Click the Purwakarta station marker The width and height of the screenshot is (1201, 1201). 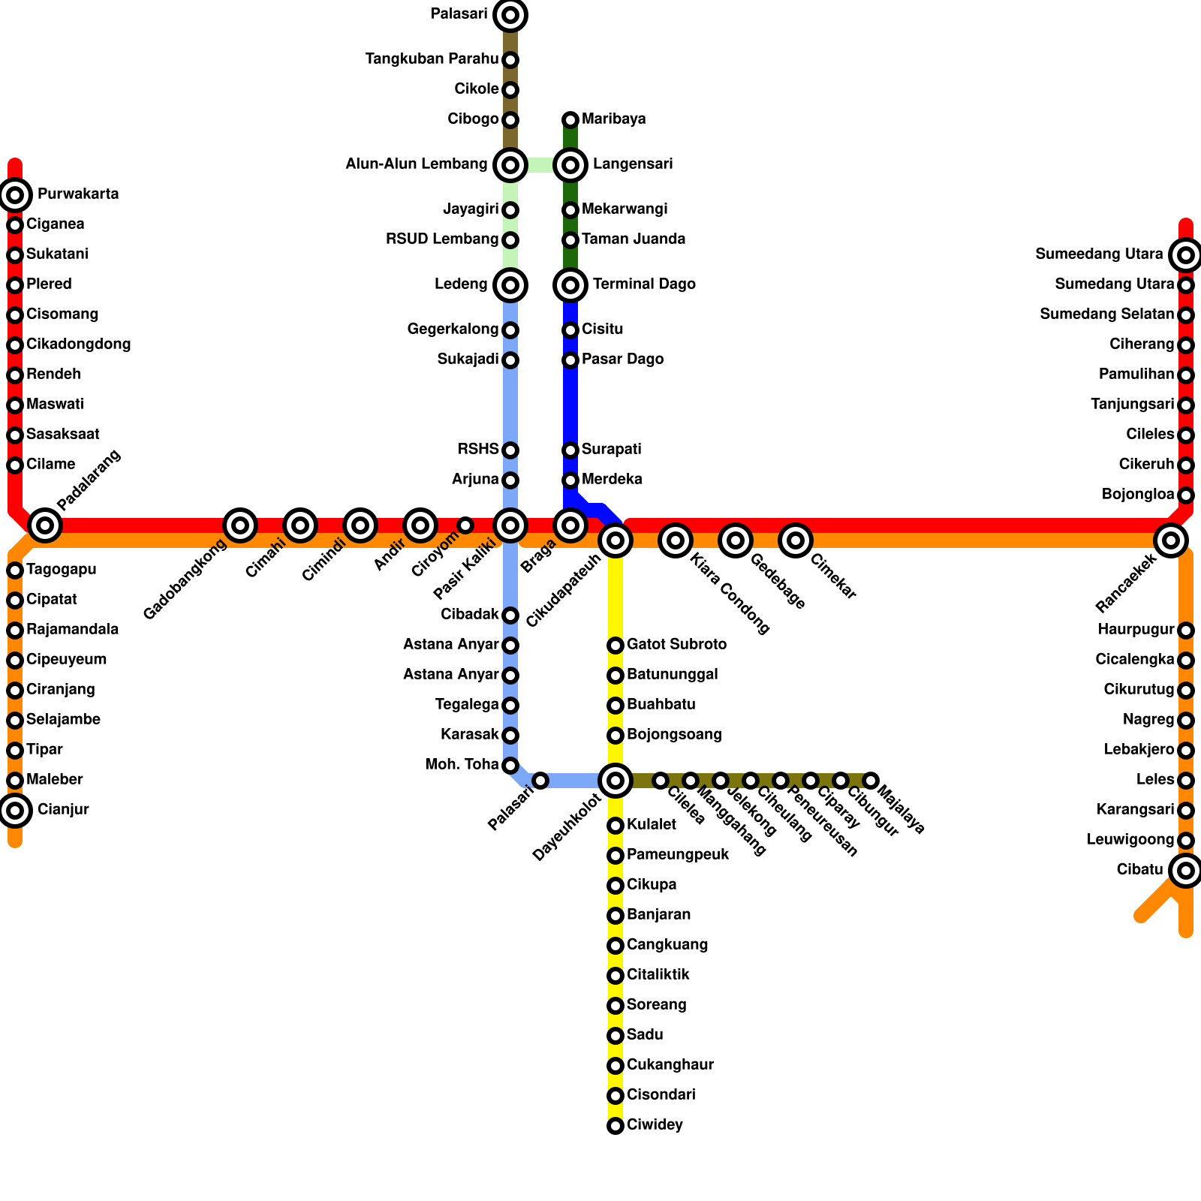click(x=15, y=195)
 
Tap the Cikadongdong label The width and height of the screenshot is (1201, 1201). click(x=78, y=345)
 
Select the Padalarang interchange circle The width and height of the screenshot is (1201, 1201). click(x=45, y=525)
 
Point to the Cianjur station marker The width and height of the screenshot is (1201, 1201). click(x=15, y=810)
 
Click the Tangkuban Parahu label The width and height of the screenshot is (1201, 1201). click(x=432, y=59)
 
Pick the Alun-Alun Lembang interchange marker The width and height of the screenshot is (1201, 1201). click(x=510, y=164)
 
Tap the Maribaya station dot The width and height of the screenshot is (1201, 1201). click(x=570, y=119)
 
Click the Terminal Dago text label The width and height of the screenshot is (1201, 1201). click(x=644, y=284)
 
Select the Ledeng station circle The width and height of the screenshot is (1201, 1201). click(x=510, y=284)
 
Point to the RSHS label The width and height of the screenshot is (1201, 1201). click(x=478, y=450)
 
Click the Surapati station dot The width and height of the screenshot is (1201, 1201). click(x=570, y=450)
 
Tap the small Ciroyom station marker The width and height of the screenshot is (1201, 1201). click(x=465, y=525)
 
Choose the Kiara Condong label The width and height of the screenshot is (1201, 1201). click(x=729, y=593)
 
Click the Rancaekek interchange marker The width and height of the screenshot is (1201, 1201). click(x=1170, y=540)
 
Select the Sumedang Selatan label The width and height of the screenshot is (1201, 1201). click(x=1106, y=315)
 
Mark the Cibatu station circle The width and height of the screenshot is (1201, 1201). click(x=1185, y=870)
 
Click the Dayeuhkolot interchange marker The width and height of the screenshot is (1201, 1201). click(x=616, y=781)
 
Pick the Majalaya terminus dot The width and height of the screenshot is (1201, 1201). click(x=871, y=781)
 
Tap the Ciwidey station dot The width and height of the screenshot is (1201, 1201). click(x=616, y=1125)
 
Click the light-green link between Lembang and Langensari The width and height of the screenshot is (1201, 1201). click(x=540, y=164)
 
